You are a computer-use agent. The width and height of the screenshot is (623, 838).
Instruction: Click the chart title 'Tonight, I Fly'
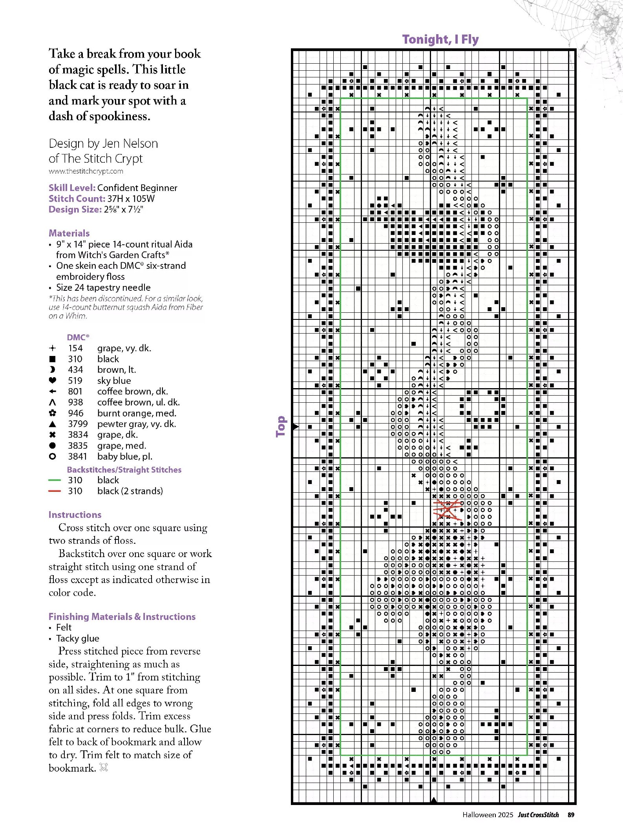click(440, 39)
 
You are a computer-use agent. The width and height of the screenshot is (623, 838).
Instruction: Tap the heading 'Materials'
click(69, 233)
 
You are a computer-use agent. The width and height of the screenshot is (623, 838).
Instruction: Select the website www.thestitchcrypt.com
click(86, 171)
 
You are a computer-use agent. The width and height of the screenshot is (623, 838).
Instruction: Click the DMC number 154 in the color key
click(75, 348)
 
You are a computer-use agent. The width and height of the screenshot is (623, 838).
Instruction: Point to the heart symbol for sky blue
click(53, 380)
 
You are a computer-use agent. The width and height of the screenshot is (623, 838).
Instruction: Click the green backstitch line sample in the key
click(55, 480)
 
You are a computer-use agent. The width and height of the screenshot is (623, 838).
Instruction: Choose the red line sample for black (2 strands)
click(55, 491)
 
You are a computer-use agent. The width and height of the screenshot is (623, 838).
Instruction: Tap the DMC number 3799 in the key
click(78, 424)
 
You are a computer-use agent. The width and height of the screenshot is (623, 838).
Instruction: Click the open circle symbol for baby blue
click(53, 457)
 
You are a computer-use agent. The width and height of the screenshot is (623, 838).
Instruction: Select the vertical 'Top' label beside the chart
click(281, 426)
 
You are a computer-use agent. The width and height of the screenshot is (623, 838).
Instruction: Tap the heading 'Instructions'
click(75, 515)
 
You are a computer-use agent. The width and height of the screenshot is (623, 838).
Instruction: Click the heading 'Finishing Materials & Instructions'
click(122, 616)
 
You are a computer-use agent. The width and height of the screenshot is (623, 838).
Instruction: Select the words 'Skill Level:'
click(72, 188)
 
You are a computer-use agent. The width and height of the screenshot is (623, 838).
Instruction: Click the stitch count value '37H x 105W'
click(131, 199)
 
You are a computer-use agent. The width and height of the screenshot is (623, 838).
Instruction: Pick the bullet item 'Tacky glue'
click(78, 638)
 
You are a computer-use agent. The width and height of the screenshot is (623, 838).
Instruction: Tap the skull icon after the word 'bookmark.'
click(104, 767)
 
